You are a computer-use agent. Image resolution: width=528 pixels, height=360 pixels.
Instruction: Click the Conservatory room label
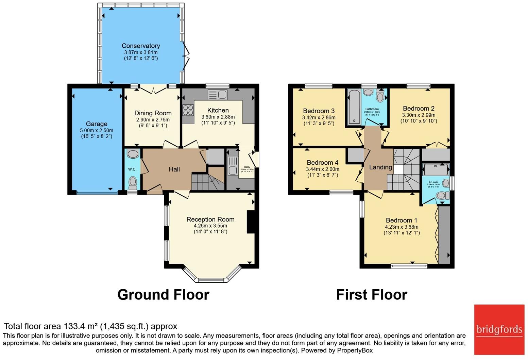coord(141,46)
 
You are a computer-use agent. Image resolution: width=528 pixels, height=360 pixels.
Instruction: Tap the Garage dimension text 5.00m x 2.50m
coord(97,130)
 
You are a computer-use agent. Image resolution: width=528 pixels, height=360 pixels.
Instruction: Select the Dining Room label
coord(153,113)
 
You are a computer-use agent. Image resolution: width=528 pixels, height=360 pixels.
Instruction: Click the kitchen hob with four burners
coord(188,110)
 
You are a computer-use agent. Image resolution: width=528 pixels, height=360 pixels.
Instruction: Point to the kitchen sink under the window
coord(218,95)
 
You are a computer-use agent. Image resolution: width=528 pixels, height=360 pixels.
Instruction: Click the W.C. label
coord(132,169)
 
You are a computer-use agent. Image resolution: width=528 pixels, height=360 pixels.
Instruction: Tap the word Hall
coord(174,169)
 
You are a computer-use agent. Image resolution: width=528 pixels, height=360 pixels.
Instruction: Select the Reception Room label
coord(210,219)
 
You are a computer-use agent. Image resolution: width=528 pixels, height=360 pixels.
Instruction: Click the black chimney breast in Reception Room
coord(251,222)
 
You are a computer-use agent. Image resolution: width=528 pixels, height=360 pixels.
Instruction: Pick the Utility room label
coord(247,167)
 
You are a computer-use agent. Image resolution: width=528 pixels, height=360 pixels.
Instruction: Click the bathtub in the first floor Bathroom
coord(354,107)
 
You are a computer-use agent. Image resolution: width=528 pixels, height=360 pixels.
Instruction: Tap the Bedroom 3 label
coord(319,111)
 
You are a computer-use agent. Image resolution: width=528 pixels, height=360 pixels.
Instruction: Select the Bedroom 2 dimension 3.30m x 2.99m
coord(419,115)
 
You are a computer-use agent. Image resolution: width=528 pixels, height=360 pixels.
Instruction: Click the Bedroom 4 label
coord(322,163)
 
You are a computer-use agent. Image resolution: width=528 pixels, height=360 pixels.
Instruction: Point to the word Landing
coord(380,167)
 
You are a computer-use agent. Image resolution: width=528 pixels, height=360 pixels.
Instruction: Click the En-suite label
coord(433,182)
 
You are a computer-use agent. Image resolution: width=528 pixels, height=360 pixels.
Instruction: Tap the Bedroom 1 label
coord(401,220)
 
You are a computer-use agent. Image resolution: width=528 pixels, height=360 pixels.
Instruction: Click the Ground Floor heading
coord(163,294)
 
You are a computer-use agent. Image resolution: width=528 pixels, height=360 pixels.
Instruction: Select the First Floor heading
coord(372,294)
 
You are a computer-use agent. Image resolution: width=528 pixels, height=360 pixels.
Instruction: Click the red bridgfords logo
coord(499,329)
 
